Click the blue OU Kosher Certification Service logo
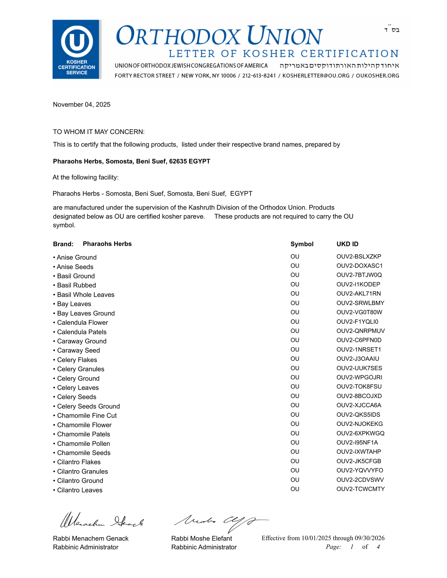tap(77, 49)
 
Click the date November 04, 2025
tap(82, 104)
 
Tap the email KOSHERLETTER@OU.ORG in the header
tap(316, 76)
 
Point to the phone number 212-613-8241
tap(259, 76)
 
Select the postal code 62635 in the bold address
tap(178, 161)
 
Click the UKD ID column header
tap(347, 244)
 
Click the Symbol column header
tap(302, 244)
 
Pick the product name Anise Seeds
tap(75, 267)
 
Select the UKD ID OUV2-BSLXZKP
tap(359, 256)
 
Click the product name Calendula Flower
tap(82, 323)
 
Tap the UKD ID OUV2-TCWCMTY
tap(360, 489)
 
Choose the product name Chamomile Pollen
tap(84, 443)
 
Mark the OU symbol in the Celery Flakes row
tap(295, 359)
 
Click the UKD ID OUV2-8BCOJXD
tap(359, 396)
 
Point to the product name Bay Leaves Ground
tap(86, 313)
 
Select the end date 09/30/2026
tap(370, 538)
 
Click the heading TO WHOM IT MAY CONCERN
tap(99, 132)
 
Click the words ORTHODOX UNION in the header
tap(220, 36)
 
